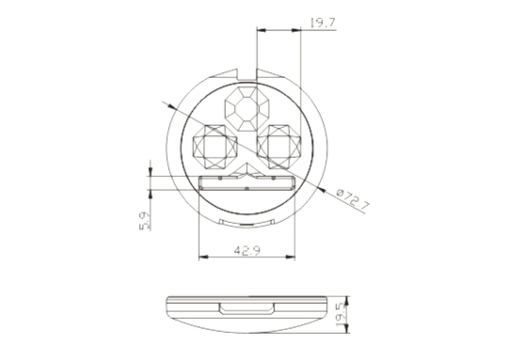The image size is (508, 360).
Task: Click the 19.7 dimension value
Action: tap(323, 23)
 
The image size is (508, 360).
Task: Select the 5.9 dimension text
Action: tap(145, 221)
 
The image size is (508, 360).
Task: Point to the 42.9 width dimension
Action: tap(246, 250)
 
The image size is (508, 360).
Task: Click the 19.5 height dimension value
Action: tap(341, 314)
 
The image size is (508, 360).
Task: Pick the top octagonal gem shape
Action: tap(247, 109)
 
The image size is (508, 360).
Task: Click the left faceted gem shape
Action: tap(214, 147)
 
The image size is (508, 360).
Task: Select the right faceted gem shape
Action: tap(279, 147)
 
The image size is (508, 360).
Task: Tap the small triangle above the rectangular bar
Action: tap(246, 169)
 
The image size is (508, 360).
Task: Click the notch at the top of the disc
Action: tap(247, 74)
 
